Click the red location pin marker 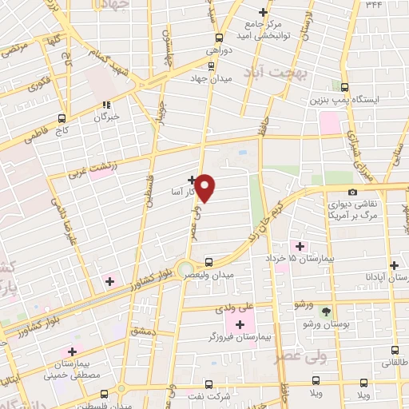205,189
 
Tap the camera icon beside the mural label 353,192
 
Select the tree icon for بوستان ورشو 325,312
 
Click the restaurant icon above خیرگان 105,105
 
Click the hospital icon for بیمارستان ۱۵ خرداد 300,246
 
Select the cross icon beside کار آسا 192,180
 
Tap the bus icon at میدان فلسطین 105,393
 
